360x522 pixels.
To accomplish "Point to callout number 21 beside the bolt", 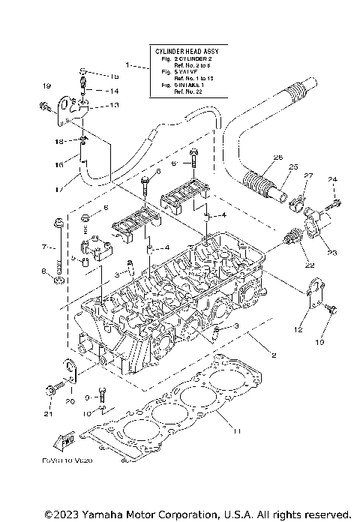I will coord(48,413).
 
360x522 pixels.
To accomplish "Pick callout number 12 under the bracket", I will coord(298,330).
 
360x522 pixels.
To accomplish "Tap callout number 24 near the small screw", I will coord(333,179).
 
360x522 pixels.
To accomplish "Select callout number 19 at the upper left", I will coord(46,87).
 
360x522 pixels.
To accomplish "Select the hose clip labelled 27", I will coord(296,202).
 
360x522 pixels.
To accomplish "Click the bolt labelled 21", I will coord(55,391).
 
